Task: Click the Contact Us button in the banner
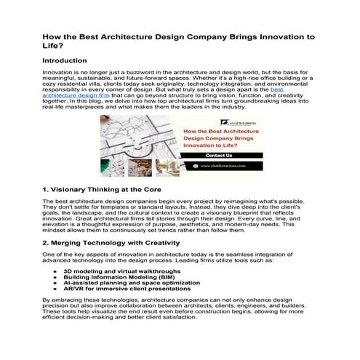219,155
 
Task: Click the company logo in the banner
218,121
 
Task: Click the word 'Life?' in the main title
53,45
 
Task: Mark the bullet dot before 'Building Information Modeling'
55,276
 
